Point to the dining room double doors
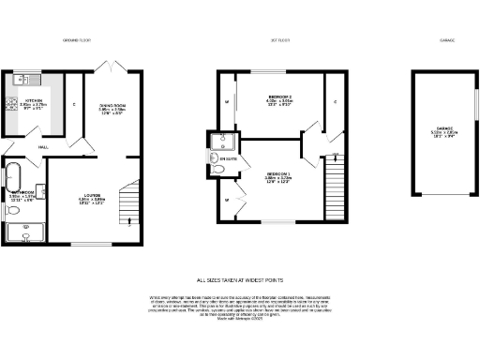[x=112, y=67]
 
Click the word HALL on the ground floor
[x=43, y=146]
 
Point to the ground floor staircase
[x=133, y=201]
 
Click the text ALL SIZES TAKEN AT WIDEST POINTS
[x=240, y=279]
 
